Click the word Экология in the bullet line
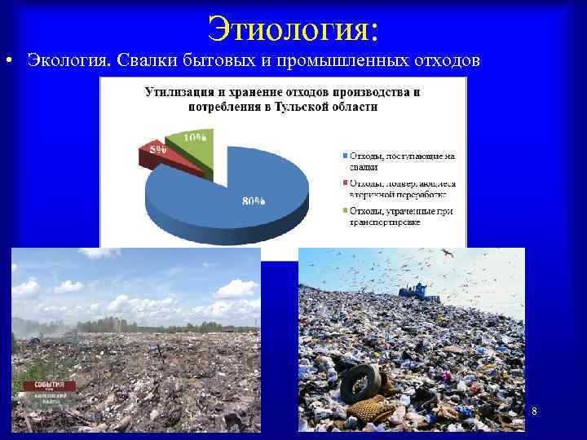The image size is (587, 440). (x=68, y=60)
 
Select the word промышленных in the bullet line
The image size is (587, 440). (x=338, y=60)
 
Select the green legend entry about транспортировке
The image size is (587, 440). (x=399, y=216)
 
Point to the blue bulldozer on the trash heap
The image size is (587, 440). (x=418, y=291)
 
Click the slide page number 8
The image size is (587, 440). (x=534, y=412)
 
